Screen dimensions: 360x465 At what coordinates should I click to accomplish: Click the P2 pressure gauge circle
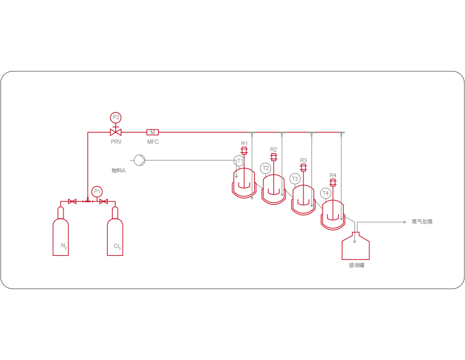click(116, 117)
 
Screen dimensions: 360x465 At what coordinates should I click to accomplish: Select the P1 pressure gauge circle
click(96, 192)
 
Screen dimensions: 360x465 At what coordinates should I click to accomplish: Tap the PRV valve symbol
click(116, 132)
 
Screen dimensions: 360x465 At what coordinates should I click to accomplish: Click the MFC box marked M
click(153, 132)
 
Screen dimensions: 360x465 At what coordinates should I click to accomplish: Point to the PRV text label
click(116, 142)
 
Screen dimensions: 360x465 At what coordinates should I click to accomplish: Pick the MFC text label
click(153, 142)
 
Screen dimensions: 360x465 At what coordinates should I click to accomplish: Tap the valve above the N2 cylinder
click(72, 201)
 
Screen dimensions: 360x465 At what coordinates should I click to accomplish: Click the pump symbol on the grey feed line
click(139, 160)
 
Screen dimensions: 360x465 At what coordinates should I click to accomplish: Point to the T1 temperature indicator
click(239, 161)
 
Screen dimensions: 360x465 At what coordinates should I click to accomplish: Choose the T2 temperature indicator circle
click(266, 168)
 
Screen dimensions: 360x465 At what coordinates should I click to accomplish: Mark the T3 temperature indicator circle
click(294, 179)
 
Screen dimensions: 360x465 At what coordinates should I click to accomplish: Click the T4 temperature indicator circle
click(326, 193)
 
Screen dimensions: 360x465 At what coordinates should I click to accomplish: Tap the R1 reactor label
click(244, 144)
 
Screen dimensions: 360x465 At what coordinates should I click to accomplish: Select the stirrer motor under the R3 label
click(303, 168)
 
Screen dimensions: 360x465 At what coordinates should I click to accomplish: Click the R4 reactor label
click(333, 176)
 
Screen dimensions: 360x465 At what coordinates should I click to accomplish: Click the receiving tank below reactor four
click(355, 246)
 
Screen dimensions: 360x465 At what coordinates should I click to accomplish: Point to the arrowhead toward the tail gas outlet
click(405, 222)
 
